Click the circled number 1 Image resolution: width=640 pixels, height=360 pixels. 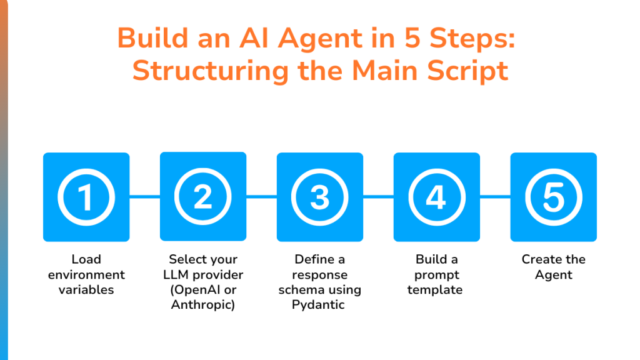86,197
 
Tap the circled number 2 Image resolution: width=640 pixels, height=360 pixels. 203,197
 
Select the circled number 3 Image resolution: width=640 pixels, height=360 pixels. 320,197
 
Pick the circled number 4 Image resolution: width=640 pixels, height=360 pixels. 437,197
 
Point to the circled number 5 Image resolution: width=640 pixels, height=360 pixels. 554,197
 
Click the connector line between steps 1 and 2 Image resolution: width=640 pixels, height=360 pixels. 145,197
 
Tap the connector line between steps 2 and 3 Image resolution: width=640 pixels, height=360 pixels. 262,197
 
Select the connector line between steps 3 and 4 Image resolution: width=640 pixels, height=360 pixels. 378,197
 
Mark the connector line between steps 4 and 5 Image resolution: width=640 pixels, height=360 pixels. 495,197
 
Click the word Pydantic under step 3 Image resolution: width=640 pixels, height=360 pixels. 318,305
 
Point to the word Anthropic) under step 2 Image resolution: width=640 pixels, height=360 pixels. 203,305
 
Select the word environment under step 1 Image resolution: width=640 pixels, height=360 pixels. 86,275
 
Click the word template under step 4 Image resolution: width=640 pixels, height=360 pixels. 435,290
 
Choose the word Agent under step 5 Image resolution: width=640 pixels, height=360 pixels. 554,275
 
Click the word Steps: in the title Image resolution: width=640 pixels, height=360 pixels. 472,38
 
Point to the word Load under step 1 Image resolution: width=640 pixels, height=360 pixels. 86,259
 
